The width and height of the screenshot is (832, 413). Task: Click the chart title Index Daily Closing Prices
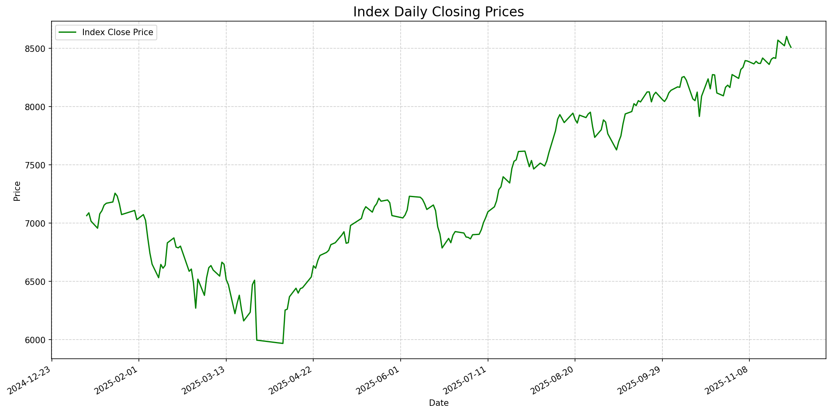pyautogui.click(x=438, y=12)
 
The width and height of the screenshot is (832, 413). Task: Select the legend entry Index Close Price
pyautogui.click(x=117, y=32)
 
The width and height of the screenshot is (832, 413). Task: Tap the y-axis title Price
pyautogui.click(x=17, y=191)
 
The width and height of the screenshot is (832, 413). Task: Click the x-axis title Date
pyautogui.click(x=438, y=403)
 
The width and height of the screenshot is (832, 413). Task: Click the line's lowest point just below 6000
pyautogui.click(x=283, y=343)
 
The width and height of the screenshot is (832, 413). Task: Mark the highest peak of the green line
pyautogui.click(x=787, y=37)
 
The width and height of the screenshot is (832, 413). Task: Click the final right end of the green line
pyautogui.click(x=791, y=47)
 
